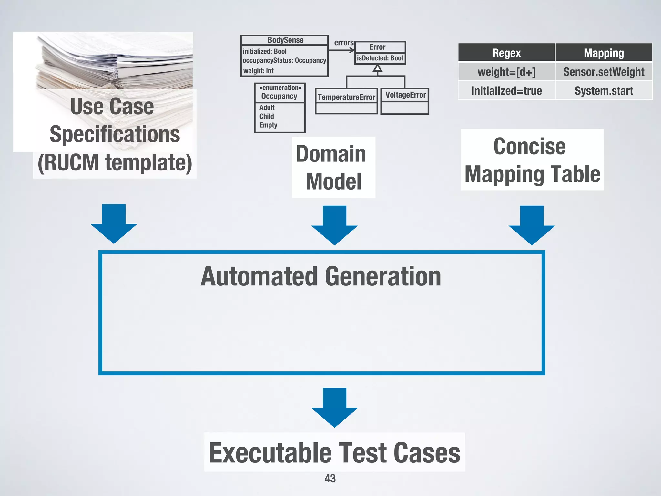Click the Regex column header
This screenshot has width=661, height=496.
click(x=506, y=53)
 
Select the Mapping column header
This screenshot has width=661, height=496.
click(x=604, y=53)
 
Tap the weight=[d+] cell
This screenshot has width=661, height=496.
click(x=506, y=72)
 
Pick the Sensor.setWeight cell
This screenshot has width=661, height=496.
click(x=604, y=72)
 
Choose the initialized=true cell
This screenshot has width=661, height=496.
click(x=506, y=91)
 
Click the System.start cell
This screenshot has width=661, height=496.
click(x=604, y=91)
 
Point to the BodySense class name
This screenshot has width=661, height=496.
click(x=285, y=40)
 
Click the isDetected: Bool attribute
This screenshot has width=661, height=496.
click(x=380, y=58)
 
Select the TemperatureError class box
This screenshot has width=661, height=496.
click(x=346, y=101)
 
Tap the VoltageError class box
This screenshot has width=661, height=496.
click(x=405, y=101)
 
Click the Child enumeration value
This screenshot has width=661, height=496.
click(x=267, y=116)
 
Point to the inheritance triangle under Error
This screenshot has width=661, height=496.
click(x=377, y=68)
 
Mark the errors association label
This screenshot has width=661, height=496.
click(x=344, y=43)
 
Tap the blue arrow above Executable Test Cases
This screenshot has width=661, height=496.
click(x=334, y=407)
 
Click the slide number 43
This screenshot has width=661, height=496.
click(x=330, y=478)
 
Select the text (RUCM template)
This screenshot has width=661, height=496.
click(x=115, y=162)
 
